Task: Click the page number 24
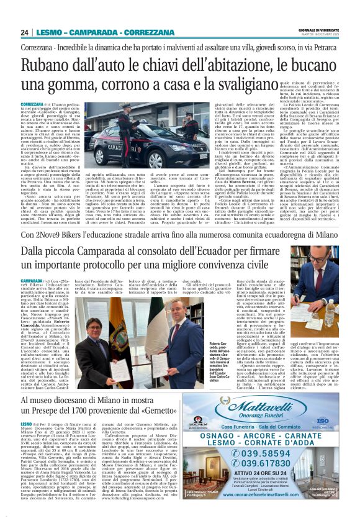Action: click(x=24, y=32)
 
